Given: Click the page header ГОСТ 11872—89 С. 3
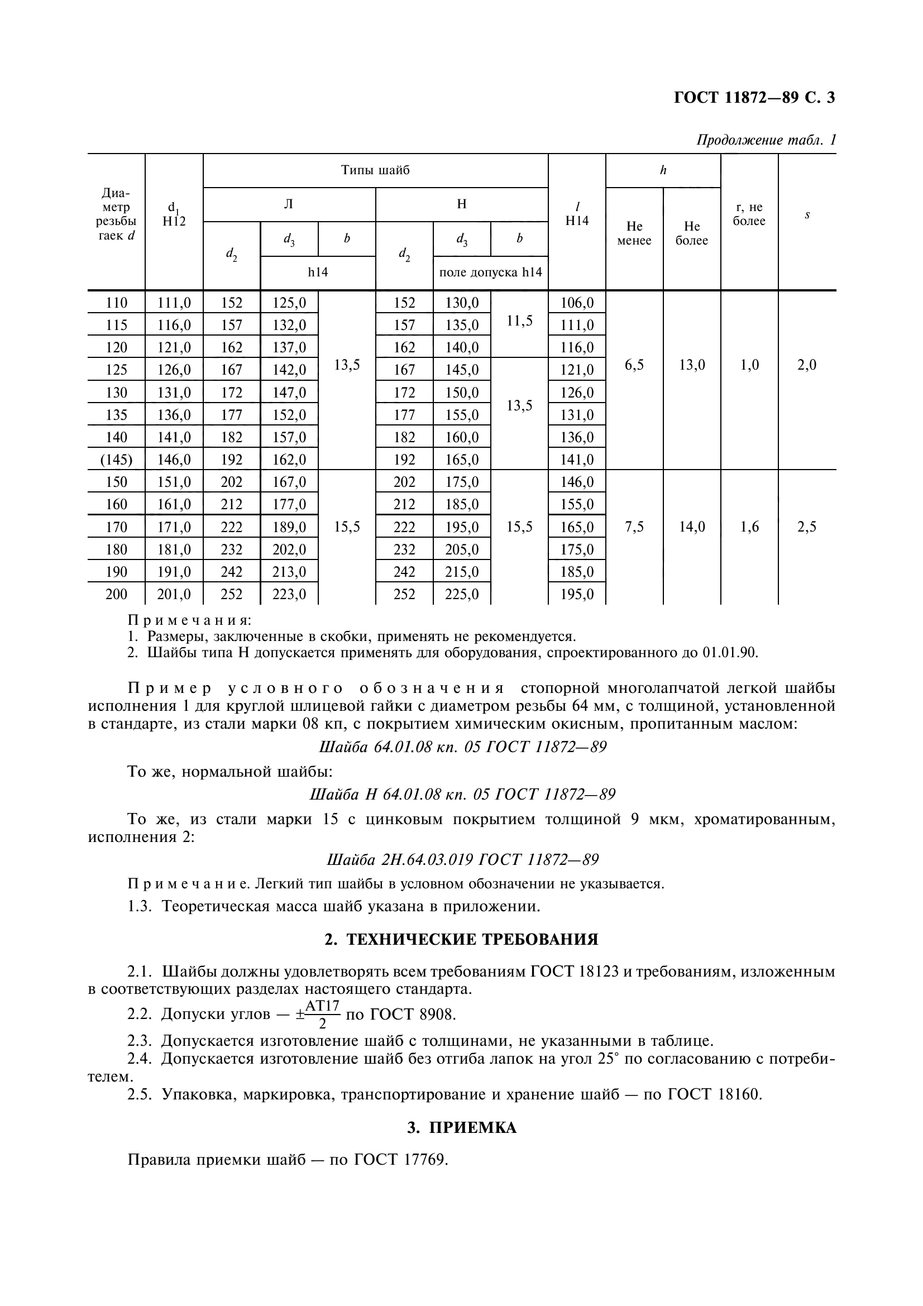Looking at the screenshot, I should pyautogui.click(x=754, y=98).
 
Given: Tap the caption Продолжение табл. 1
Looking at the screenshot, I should pyautogui.click(x=766, y=140).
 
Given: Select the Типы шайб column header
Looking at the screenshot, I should pyautogui.click(x=375, y=170).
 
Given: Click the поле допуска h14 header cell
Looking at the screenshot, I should pyautogui.click(x=490, y=272).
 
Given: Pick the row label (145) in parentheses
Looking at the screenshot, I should pyautogui.click(x=116, y=459).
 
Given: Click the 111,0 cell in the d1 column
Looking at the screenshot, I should pyautogui.click(x=174, y=303).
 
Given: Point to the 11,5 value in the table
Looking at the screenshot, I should pyautogui.click(x=519, y=321).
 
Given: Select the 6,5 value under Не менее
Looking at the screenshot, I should pyautogui.click(x=634, y=365).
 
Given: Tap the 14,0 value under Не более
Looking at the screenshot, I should pyautogui.click(x=691, y=527).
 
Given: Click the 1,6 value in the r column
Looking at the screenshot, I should pyautogui.click(x=749, y=527).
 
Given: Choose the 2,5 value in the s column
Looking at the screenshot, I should pyautogui.click(x=806, y=527).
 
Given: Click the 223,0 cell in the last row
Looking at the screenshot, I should pyautogui.click(x=289, y=595).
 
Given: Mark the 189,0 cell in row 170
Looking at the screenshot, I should pyautogui.click(x=289, y=527).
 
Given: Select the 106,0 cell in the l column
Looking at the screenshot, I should pyautogui.click(x=577, y=303).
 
